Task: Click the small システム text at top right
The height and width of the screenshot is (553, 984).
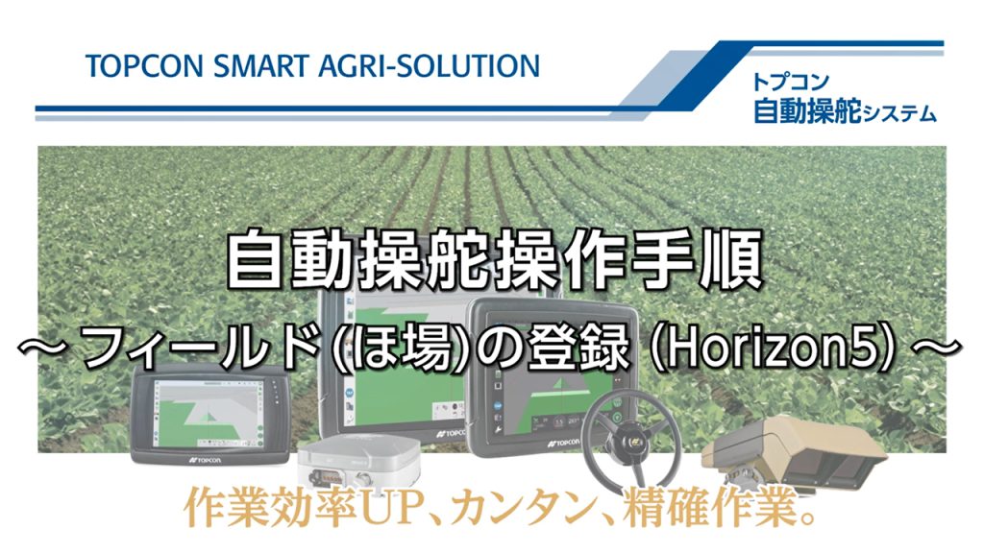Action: [899, 113]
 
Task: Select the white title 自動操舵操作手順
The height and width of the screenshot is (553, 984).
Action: [494, 260]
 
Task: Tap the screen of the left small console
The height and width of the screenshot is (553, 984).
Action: [208, 413]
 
